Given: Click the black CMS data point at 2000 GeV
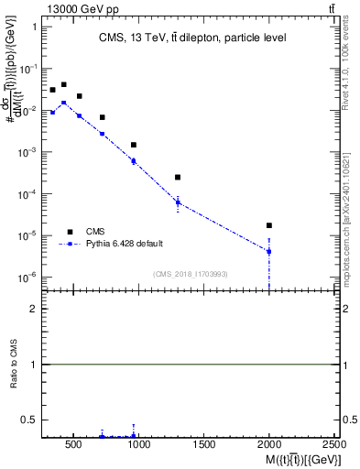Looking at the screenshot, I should [269, 225].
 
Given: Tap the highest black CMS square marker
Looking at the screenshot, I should [63, 84].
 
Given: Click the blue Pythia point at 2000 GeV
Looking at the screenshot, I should [269, 251].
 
